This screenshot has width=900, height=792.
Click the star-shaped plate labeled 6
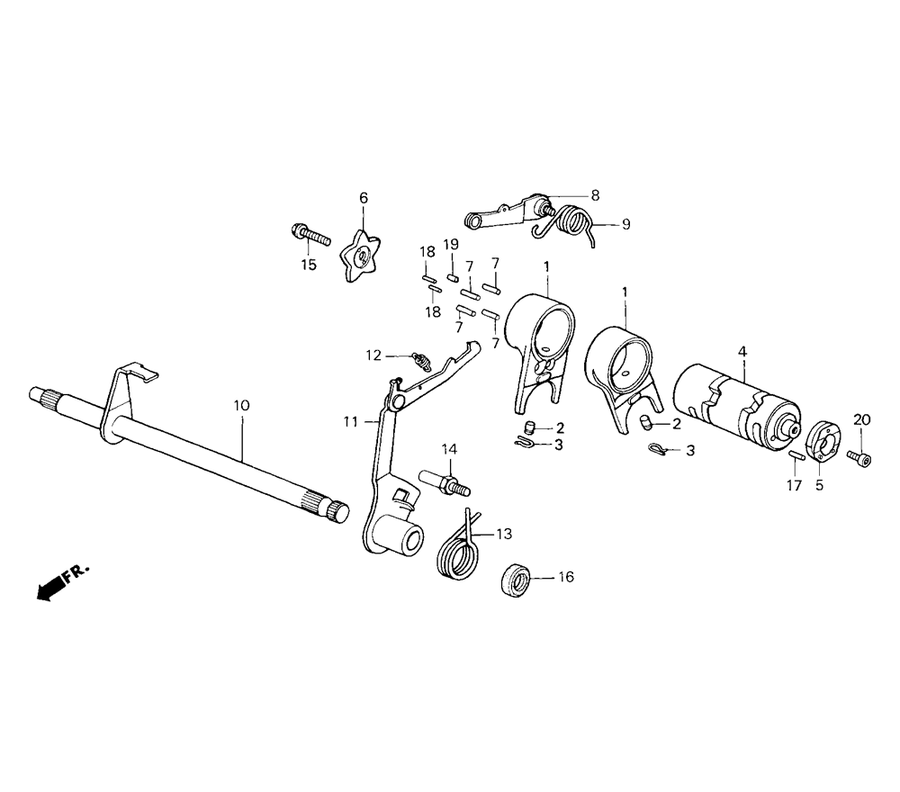point(363,256)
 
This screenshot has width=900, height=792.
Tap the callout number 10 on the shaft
point(240,406)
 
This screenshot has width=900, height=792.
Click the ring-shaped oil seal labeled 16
point(514,578)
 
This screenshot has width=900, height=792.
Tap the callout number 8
point(595,194)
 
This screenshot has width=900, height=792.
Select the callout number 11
point(349,421)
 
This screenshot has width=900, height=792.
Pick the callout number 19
point(452,245)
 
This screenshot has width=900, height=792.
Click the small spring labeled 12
point(418,363)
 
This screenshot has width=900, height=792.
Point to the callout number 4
point(742,351)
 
